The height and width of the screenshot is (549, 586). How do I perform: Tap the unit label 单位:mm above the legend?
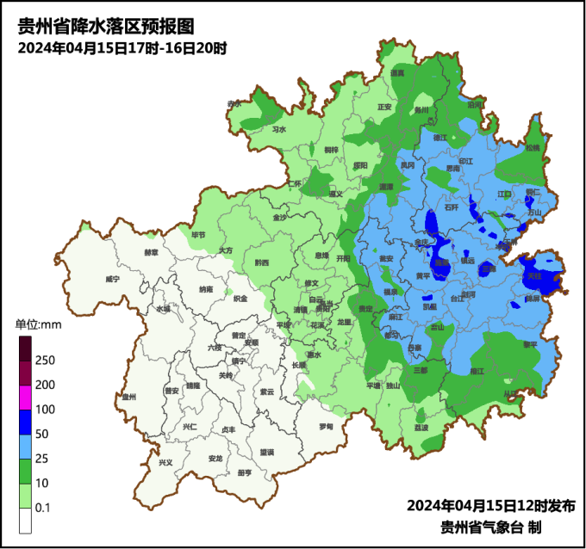(x=38, y=324)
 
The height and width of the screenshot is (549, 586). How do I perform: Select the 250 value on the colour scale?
(x=45, y=360)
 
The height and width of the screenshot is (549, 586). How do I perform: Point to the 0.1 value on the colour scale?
(x=42, y=509)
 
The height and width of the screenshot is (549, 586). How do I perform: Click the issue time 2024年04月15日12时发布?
(x=491, y=505)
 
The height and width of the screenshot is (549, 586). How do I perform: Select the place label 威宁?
(x=111, y=280)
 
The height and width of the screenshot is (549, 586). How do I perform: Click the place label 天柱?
(x=534, y=275)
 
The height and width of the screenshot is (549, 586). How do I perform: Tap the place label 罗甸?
(x=325, y=426)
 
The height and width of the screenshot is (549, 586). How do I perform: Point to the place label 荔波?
(x=421, y=428)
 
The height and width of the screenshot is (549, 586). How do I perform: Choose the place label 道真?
(x=397, y=74)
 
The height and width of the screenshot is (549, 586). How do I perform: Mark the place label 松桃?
(x=532, y=148)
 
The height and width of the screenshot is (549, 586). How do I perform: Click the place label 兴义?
(x=165, y=463)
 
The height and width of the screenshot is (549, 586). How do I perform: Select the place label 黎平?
(x=529, y=344)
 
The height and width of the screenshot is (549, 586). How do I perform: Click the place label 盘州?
(x=130, y=397)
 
